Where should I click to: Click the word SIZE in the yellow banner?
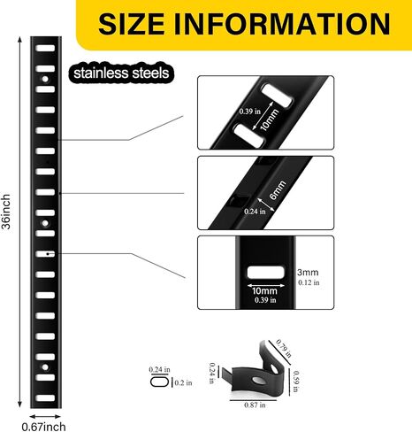tap(132, 24)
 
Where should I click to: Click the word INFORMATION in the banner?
tap(282, 24)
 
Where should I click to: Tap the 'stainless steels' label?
tap(121, 73)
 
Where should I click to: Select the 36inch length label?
tap(6, 212)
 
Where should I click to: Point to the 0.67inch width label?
tap(43, 427)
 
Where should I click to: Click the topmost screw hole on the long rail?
tap(45, 79)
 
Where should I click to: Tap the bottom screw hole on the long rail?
tap(45, 367)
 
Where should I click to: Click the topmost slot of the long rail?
tap(45, 48)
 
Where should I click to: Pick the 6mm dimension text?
tap(278, 189)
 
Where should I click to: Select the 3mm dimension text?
tap(308, 273)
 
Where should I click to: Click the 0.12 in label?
tap(309, 282)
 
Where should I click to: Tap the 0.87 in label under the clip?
tap(255, 405)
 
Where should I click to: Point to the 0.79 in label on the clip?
tap(284, 349)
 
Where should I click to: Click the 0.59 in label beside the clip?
tap(296, 382)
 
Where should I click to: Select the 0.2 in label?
tap(183, 382)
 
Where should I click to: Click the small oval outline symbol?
tap(159, 382)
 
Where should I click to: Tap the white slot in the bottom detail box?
tap(266, 273)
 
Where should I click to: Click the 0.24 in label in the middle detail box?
tap(255, 212)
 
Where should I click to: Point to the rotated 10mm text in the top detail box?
tap(269, 120)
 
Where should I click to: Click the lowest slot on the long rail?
tap(45, 397)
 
